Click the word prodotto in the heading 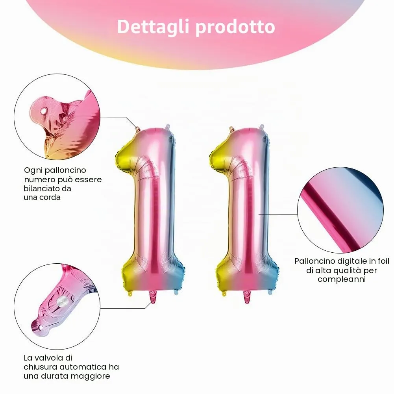coord(235,27)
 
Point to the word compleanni coord(342,279)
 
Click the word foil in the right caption coord(383,261)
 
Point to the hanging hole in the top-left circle coord(44,111)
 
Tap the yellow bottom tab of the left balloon coord(130,294)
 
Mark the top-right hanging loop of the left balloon coord(168,126)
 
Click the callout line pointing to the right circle coord(278,215)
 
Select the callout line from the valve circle coord(126,306)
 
